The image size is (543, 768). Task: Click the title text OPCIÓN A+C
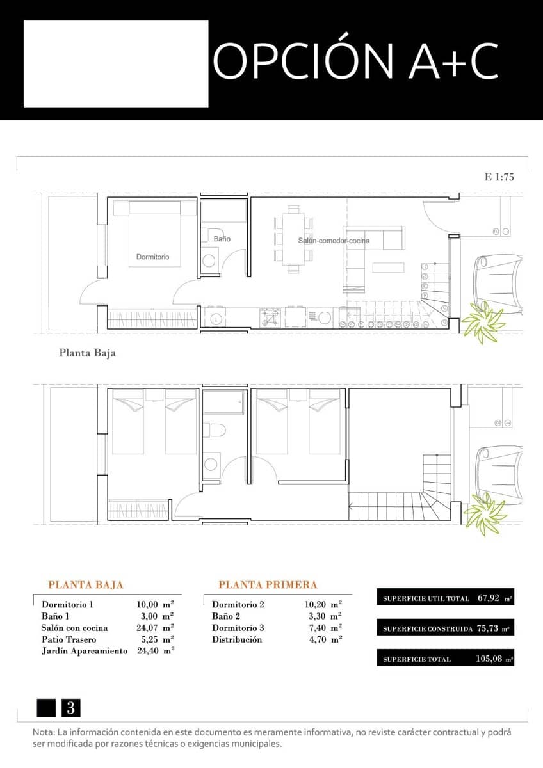click(x=355, y=61)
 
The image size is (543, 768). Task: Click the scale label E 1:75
click(x=499, y=177)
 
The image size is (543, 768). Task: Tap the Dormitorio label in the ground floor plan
click(x=152, y=257)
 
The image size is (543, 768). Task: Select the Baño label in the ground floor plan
click(x=222, y=239)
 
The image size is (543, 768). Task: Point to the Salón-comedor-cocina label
click(x=334, y=241)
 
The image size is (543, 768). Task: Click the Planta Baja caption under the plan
click(x=87, y=353)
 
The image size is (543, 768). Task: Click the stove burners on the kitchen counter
click(x=270, y=317)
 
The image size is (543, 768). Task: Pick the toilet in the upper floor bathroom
click(x=216, y=431)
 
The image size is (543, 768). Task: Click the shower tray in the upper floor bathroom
click(x=224, y=402)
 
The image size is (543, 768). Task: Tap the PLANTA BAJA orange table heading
click(x=86, y=585)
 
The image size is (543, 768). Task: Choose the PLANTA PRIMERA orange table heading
click(x=268, y=585)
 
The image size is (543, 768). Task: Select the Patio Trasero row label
click(x=69, y=639)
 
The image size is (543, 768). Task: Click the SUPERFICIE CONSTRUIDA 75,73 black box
click(x=445, y=628)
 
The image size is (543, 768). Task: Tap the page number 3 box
click(x=70, y=708)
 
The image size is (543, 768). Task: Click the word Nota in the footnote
click(x=44, y=732)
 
